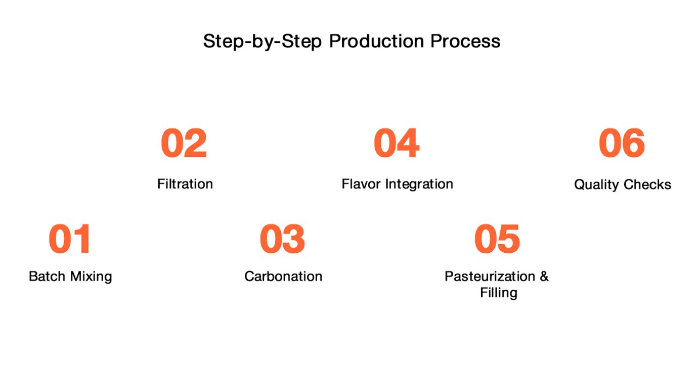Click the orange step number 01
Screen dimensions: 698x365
pyautogui.click(x=70, y=239)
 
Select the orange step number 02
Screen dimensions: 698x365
pyautogui.click(x=184, y=143)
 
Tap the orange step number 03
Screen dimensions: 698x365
pyautogui.click(x=282, y=239)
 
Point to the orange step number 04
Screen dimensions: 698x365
pyautogui.click(x=397, y=143)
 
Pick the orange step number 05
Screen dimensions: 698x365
pyautogui.click(x=497, y=239)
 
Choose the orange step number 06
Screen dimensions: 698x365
pyautogui.click(x=621, y=143)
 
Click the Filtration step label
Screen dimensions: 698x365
pyautogui.click(x=185, y=184)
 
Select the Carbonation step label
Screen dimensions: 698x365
pyautogui.click(x=283, y=276)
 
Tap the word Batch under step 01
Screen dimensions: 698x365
pyautogui.click(x=47, y=276)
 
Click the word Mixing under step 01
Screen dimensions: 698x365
pyautogui.click(x=91, y=277)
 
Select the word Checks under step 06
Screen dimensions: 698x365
pyautogui.click(x=647, y=185)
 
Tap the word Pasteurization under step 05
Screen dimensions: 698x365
pyautogui.click(x=490, y=276)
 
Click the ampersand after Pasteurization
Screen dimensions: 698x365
pyautogui.click(x=544, y=276)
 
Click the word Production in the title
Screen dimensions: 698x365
pyautogui.click(x=376, y=41)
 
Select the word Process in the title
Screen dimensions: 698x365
pyautogui.click(x=465, y=41)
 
